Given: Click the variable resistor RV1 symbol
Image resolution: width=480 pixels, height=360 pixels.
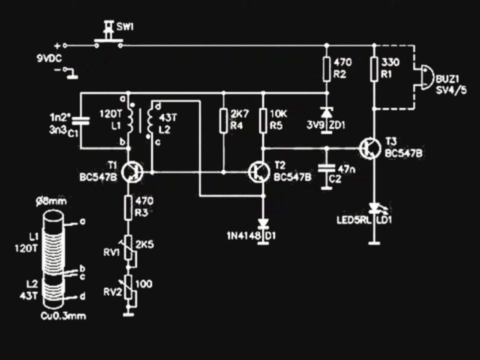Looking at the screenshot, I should tap(130, 250).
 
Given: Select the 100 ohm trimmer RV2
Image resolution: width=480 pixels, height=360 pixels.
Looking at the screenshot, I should tap(130, 288).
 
